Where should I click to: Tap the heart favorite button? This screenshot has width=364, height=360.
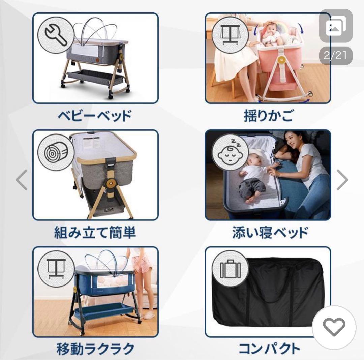click(334, 327)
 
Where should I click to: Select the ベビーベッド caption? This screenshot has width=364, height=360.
click(94, 116)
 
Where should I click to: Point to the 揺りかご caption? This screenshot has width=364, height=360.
click(268, 116)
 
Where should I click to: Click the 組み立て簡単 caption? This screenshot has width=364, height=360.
click(95, 233)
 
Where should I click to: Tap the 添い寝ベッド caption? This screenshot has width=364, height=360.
click(270, 233)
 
